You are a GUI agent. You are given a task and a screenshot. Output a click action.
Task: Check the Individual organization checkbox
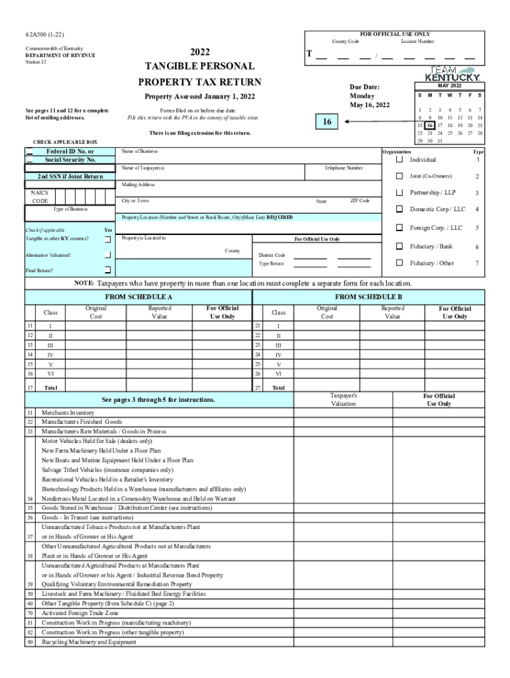tap(399, 160)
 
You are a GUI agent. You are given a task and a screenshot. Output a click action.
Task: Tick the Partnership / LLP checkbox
tap(399, 193)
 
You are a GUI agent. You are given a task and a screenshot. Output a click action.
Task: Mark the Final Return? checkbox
tap(107, 270)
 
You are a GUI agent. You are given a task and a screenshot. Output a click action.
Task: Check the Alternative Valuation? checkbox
tap(107, 254)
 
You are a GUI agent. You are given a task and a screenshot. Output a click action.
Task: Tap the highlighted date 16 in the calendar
tap(431, 125)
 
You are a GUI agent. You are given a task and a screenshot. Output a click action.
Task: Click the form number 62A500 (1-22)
tap(44, 34)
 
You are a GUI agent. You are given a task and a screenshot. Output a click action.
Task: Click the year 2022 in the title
tap(199, 52)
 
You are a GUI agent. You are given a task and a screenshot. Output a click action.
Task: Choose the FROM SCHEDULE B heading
tap(368, 297)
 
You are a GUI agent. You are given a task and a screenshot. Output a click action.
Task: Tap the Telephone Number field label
tap(343, 168)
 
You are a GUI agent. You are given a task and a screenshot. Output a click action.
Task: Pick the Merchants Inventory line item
tap(68, 412)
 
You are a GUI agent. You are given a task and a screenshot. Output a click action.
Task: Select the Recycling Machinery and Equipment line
tap(89, 642)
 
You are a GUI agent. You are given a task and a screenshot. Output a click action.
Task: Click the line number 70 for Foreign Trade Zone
tap(30, 613)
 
